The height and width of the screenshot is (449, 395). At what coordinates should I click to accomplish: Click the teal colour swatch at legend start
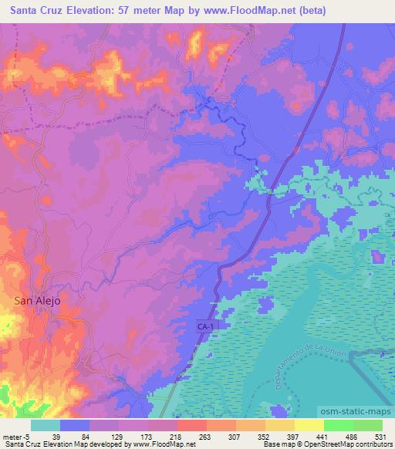click(x=46, y=425)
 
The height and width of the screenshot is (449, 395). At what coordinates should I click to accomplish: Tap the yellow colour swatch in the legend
click(x=308, y=425)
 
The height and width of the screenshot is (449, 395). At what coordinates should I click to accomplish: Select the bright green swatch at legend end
click(x=368, y=425)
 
